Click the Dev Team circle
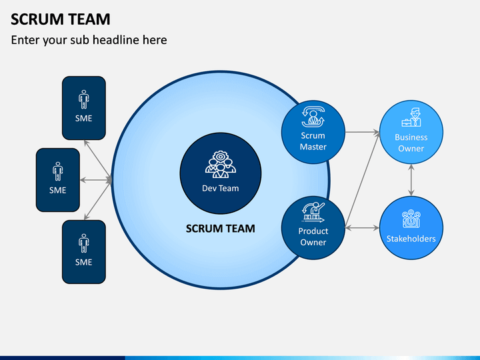(x=221, y=173)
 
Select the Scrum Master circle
(x=313, y=132)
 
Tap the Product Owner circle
(x=313, y=228)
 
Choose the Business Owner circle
(x=411, y=132)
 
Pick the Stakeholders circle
(x=411, y=228)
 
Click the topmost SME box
(x=84, y=108)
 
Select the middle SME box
(x=58, y=180)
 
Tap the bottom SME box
(x=84, y=252)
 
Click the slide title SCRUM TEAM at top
(x=60, y=19)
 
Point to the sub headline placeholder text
(x=89, y=40)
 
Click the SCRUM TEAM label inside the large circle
(x=221, y=229)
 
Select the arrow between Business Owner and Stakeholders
(x=411, y=180)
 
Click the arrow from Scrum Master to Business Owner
(x=363, y=132)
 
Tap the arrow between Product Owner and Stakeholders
(x=362, y=228)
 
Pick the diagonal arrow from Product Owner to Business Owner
(x=363, y=180)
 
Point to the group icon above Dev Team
(x=221, y=165)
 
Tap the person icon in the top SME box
(x=83, y=99)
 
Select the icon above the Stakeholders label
(x=411, y=219)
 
